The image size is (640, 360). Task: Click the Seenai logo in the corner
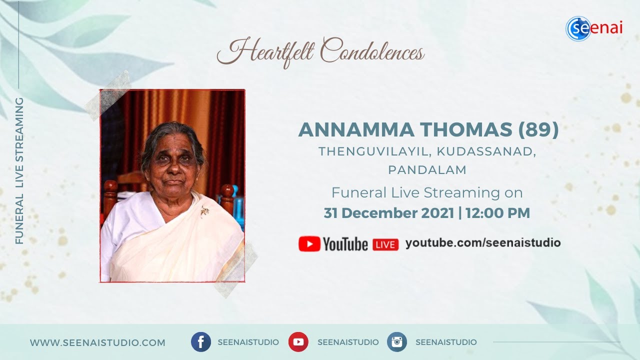pyautogui.click(x=594, y=28)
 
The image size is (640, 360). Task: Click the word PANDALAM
pyautogui.click(x=427, y=170)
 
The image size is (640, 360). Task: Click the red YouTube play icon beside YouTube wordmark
pyautogui.click(x=309, y=243)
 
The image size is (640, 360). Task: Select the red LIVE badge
pyautogui.click(x=385, y=244)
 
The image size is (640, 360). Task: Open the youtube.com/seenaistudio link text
pyautogui.click(x=483, y=243)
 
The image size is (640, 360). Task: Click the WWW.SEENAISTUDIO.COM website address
pyautogui.click(x=97, y=342)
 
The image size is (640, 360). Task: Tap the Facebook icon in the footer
pyautogui.click(x=200, y=342)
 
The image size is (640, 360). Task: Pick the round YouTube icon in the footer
pyautogui.click(x=298, y=342)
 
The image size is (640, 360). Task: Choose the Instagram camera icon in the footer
pyautogui.click(x=397, y=342)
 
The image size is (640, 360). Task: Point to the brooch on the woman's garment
pyautogui.click(x=204, y=210)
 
